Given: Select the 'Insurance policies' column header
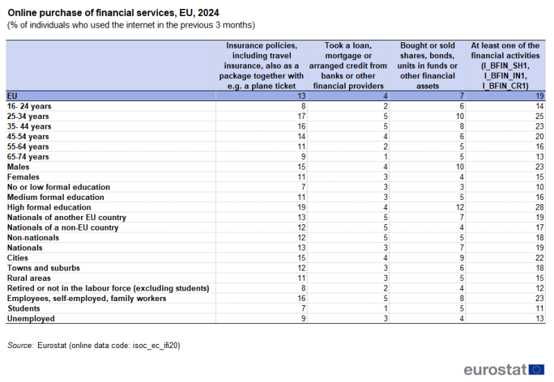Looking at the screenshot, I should (x=261, y=66).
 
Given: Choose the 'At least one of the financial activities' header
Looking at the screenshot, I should (x=505, y=66).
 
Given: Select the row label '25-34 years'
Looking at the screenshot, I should (x=28, y=116).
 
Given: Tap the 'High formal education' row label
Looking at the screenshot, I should (x=48, y=207).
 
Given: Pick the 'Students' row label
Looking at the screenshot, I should (x=24, y=308).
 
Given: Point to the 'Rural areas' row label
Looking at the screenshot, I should (x=28, y=278).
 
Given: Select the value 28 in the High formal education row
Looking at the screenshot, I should (x=539, y=207).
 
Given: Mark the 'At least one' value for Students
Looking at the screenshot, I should (x=539, y=308).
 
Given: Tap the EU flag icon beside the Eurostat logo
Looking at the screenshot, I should (x=536, y=369).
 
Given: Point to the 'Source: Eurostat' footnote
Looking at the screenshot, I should (x=98, y=344).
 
